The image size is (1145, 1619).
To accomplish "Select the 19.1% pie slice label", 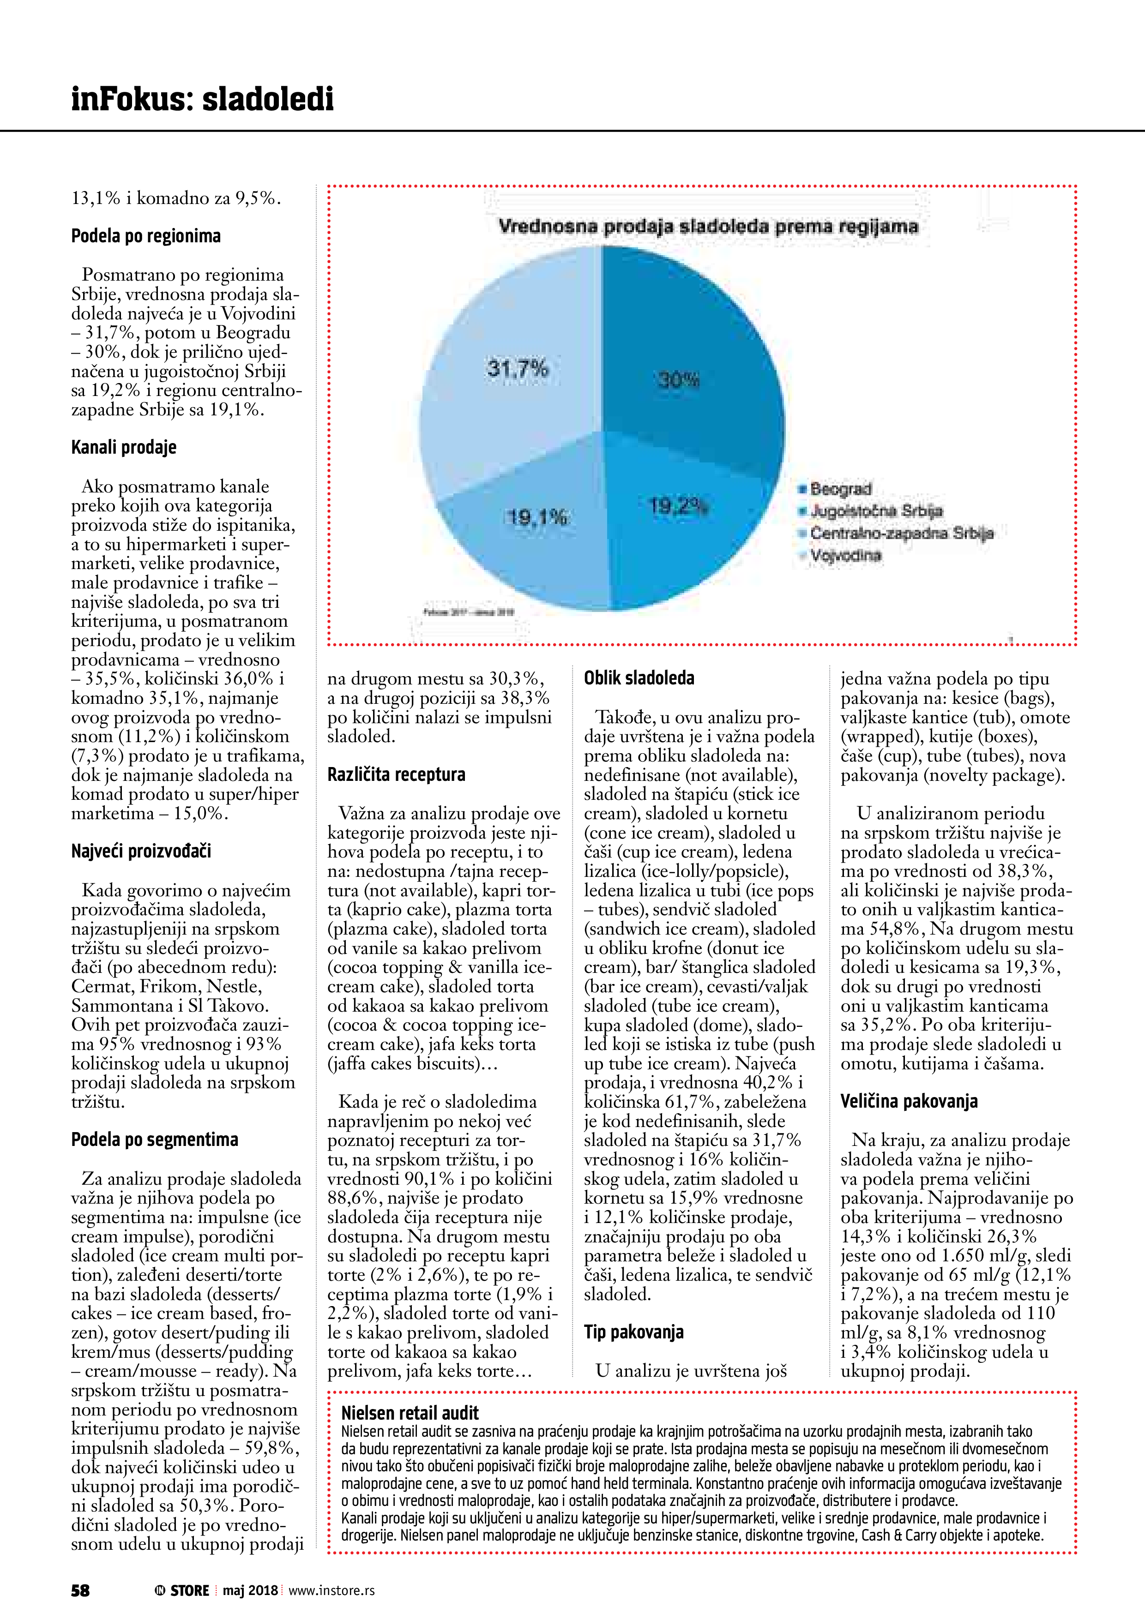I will tap(537, 517).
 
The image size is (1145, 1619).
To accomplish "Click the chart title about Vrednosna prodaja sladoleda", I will tap(708, 227).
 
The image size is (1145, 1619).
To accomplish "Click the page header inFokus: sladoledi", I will tap(203, 99).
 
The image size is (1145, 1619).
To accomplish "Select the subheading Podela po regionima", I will tap(146, 236).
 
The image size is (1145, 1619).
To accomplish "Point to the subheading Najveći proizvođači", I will tap(141, 851).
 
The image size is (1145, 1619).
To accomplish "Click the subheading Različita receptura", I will tap(397, 774).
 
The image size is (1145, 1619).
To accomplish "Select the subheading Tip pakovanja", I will tap(633, 1332).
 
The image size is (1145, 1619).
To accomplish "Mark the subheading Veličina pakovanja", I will tap(909, 1102).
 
